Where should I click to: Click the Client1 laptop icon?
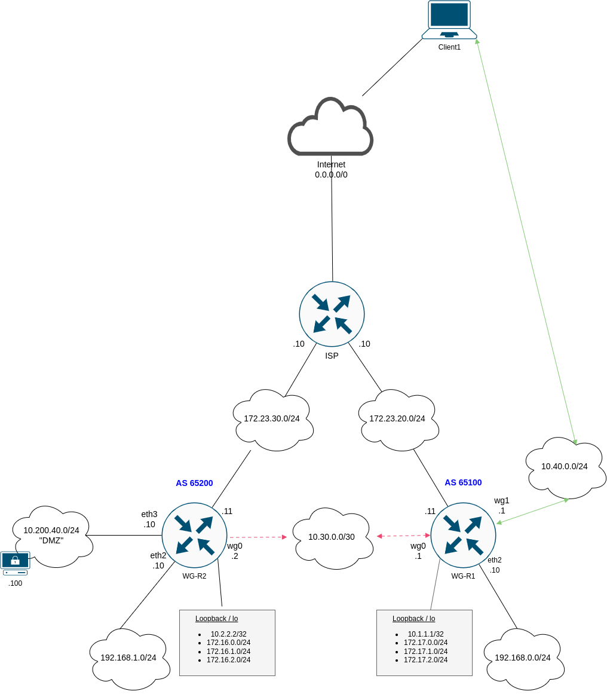pyautogui.click(x=449, y=20)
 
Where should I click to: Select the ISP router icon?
pyautogui.click(x=332, y=314)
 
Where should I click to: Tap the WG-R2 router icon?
pyautogui.click(x=194, y=535)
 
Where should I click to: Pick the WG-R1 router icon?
pyautogui.click(x=463, y=535)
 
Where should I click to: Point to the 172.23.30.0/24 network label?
pyautogui.click(x=272, y=418)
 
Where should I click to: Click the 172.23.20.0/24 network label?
pyautogui.click(x=397, y=418)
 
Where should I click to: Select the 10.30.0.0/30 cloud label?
pyautogui.click(x=332, y=537)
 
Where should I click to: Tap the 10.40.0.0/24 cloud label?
pyautogui.click(x=565, y=466)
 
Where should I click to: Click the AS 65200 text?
pyautogui.click(x=194, y=483)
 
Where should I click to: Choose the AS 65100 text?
pyautogui.click(x=463, y=482)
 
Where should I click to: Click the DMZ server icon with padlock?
pyautogui.click(x=15, y=563)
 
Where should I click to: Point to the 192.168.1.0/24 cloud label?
pyautogui.click(x=128, y=658)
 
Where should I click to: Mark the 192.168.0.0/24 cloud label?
pyautogui.click(x=523, y=658)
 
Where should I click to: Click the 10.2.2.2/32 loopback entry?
pyautogui.click(x=228, y=634)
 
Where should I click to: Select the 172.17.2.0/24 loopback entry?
pyautogui.click(x=425, y=660)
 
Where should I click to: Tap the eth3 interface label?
pyautogui.click(x=149, y=514)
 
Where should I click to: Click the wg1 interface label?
pyautogui.click(x=502, y=500)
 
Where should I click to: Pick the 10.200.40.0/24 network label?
pyautogui.click(x=51, y=530)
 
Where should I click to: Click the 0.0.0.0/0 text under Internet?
pyautogui.click(x=331, y=175)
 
